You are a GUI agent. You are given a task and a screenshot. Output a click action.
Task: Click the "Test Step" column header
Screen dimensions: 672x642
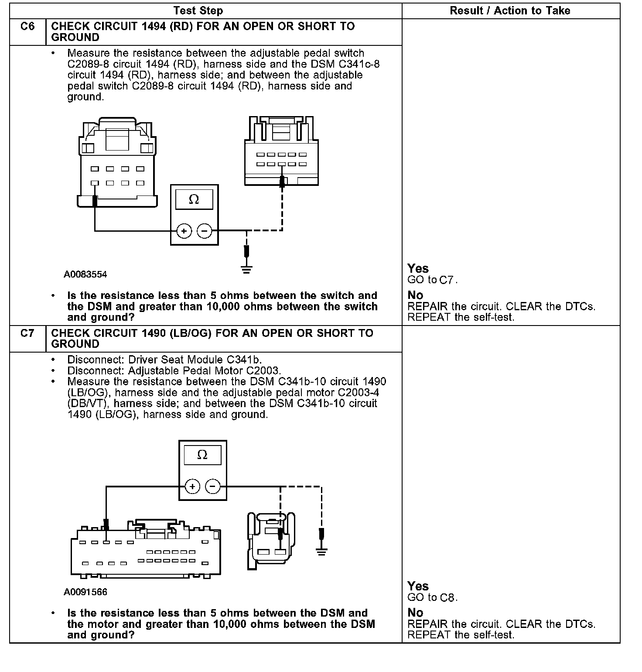click(198, 11)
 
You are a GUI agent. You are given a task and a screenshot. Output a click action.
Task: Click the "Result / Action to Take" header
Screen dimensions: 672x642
click(510, 11)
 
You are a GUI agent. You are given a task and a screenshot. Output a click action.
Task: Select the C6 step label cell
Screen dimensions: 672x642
click(27, 27)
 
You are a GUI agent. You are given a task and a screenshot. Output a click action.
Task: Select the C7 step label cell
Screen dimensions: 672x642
click(27, 334)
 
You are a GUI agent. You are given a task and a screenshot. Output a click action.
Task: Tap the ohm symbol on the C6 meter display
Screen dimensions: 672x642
click(194, 200)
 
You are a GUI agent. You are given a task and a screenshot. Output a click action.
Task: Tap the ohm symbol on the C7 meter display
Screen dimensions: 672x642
click(202, 455)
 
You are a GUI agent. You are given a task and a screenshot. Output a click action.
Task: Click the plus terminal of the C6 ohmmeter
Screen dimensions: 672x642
click(184, 231)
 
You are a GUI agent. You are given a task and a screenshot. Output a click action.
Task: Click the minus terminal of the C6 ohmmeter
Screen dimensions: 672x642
click(205, 231)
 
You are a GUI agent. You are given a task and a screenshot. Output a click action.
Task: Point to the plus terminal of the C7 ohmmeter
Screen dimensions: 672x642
click(192, 486)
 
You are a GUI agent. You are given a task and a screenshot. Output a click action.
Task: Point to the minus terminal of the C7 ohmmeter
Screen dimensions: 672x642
click(213, 486)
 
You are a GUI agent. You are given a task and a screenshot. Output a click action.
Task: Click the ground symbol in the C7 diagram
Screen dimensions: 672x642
click(321, 552)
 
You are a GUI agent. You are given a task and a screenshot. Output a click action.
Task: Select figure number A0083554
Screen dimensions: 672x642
click(85, 274)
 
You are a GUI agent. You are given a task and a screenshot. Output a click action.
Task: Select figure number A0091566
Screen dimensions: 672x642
click(85, 592)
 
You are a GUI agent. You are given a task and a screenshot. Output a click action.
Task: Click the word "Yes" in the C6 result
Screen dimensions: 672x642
click(418, 268)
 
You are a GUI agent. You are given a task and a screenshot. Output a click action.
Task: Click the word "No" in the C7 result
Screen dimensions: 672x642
click(415, 613)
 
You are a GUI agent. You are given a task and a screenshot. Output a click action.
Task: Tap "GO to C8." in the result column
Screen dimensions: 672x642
click(432, 598)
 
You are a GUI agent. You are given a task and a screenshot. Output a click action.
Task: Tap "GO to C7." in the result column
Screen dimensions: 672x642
click(432, 280)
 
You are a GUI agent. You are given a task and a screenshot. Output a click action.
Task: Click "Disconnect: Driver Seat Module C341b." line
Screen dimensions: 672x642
click(164, 360)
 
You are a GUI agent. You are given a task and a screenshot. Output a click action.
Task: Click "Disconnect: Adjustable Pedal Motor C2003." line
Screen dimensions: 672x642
click(174, 371)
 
